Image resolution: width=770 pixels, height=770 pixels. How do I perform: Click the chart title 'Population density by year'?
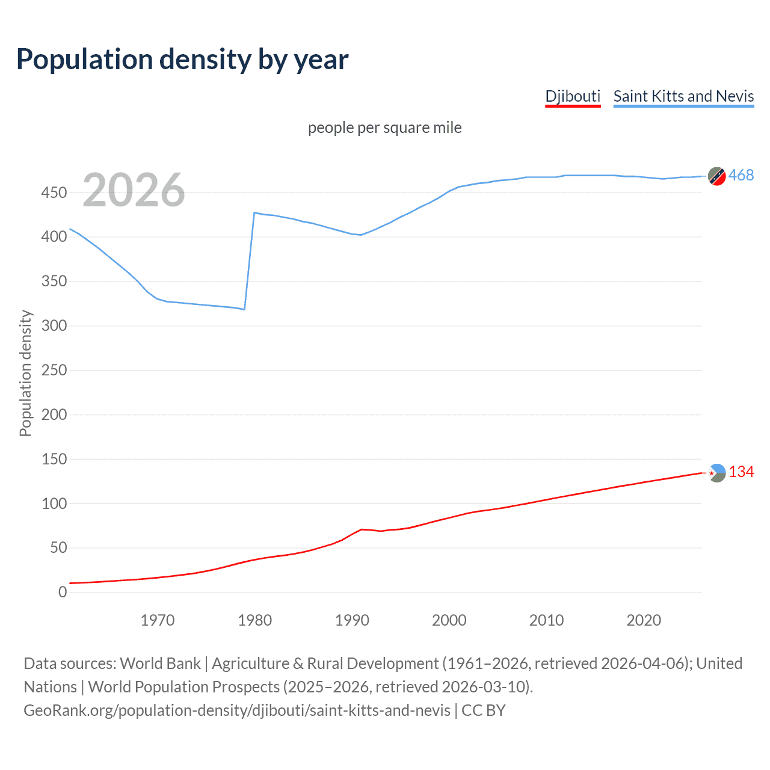click(182, 60)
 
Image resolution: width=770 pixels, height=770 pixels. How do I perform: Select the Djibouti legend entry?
click(573, 96)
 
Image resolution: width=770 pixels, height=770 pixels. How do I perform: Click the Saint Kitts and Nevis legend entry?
click(683, 96)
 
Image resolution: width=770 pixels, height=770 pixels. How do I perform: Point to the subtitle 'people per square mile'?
click(384, 128)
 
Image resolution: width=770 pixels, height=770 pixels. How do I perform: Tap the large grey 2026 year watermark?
click(134, 190)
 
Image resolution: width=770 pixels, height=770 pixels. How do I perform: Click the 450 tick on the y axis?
click(54, 192)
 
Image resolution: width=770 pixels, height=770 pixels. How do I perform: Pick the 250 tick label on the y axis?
click(54, 370)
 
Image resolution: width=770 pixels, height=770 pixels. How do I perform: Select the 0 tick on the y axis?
click(63, 592)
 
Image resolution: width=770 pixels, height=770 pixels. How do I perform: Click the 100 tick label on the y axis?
click(54, 504)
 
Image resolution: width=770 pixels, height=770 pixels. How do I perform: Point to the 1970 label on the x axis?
click(158, 620)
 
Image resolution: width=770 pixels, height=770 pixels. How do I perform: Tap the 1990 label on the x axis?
click(352, 620)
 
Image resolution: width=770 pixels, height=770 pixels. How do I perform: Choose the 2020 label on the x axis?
click(644, 620)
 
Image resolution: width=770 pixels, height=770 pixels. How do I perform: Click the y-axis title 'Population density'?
click(25, 373)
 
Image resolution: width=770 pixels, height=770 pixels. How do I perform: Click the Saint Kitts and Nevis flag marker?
click(716, 176)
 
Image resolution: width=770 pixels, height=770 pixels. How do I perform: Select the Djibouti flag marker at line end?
click(716, 473)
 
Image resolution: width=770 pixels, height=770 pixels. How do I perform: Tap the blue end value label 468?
click(741, 175)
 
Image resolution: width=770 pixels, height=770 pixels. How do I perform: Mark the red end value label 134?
click(741, 472)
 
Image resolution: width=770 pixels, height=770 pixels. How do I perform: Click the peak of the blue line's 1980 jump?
click(254, 212)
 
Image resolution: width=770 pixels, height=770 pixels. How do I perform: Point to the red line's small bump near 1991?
click(362, 529)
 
